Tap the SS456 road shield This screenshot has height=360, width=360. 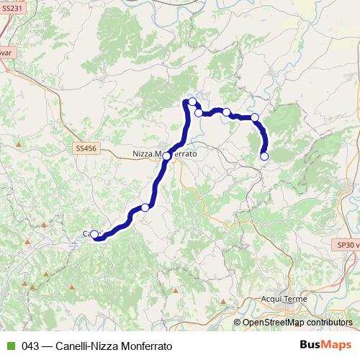pyautogui.click(x=84, y=148)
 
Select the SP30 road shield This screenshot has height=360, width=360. pyautogui.click(x=348, y=245)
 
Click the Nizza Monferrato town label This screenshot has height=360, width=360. pyautogui.click(x=165, y=153)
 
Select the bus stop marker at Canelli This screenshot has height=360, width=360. pyautogui.click(x=94, y=234)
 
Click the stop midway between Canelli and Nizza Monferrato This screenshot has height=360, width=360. pyautogui.click(x=145, y=207)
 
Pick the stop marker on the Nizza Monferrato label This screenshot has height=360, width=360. pyautogui.click(x=167, y=156)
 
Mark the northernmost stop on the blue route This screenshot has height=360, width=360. pyautogui.click(x=193, y=102)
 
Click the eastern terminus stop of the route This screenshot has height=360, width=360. pyautogui.click(x=264, y=156)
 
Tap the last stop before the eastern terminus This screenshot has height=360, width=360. pyautogui.click(x=255, y=117)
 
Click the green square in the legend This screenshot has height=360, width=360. pyautogui.click(x=10, y=346)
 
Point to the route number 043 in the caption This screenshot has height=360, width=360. pyautogui.click(x=30, y=346)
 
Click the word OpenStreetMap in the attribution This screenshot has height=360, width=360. pyautogui.click(x=273, y=323)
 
